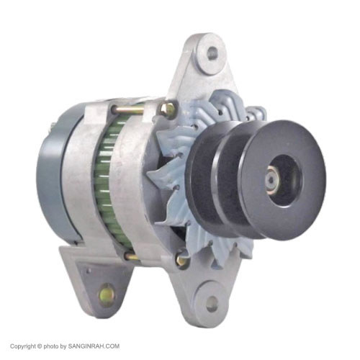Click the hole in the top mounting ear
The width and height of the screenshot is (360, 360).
click(211, 53)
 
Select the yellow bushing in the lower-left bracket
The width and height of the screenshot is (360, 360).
click(107, 293)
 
